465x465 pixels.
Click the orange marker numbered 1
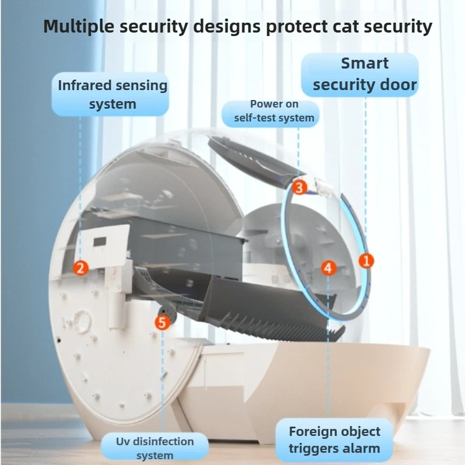click(x=366, y=260)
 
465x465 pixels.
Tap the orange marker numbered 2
click(x=81, y=268)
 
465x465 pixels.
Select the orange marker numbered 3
click(x=299, y=187)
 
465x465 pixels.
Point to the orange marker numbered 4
click(x=328, y=268)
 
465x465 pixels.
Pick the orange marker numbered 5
click(x=162, y=323)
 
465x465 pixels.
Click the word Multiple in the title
click(x=78, y=27)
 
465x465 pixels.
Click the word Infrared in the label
click(x=84, y=85)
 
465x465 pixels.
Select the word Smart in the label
click(x=364, y=63)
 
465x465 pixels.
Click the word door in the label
click(x=399, y=85)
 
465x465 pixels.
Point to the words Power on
click(x=274, y=104)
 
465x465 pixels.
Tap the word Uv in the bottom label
click(x=123, y=441)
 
